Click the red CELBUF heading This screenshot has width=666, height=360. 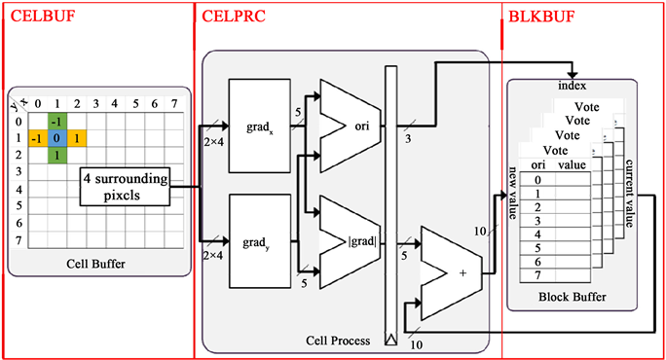pos(43,17)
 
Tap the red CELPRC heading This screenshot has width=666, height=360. pos(233,17)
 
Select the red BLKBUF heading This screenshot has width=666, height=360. pos(541,17)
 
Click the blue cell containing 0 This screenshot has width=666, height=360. pos(56,138)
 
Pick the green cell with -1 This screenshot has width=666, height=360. pos(56,122)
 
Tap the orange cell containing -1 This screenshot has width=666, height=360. pos(38,138)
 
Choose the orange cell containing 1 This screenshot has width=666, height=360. pos(77,138)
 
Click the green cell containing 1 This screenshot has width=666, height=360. pos(56,156)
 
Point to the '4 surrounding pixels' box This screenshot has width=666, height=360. pos(125,187)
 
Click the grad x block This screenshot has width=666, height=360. pos(260,126)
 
